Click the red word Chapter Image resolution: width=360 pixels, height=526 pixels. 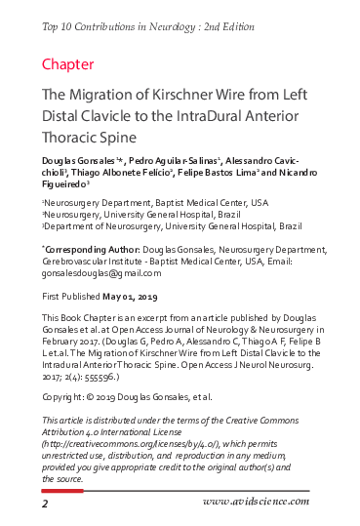tap(67, 64)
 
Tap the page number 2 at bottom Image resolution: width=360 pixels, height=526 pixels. tap(45, 505)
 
